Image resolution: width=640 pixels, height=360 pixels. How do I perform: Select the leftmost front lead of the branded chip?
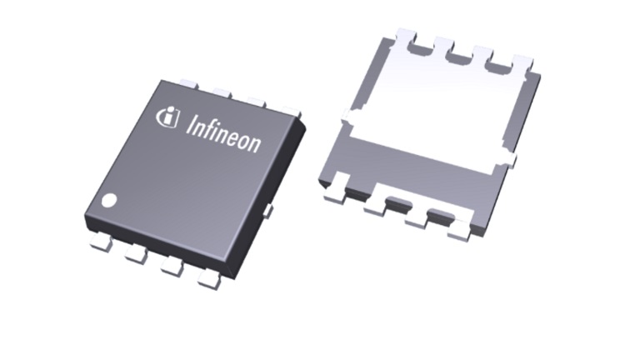pyautogui.click(x=100, y=242)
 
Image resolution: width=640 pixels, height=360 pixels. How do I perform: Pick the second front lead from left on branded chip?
pyautogui.click(x=136, y=255)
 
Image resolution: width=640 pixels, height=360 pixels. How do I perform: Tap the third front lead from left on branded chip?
pyautogui.click(x=172, y=267)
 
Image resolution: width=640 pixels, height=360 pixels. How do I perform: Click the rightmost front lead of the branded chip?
pyautogui.click(x=208, y=281)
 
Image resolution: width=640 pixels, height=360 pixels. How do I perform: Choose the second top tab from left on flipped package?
pyautogui.click(x=442, y=48)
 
